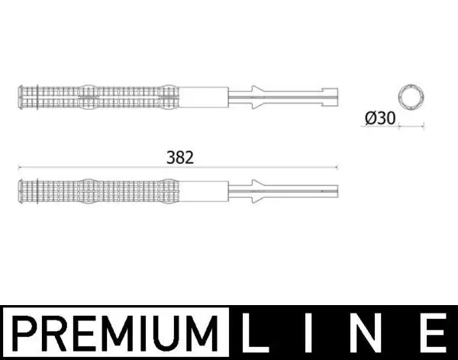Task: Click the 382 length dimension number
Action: click(x=180, y=157)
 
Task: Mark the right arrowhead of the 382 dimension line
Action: click(x=337, y=167)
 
